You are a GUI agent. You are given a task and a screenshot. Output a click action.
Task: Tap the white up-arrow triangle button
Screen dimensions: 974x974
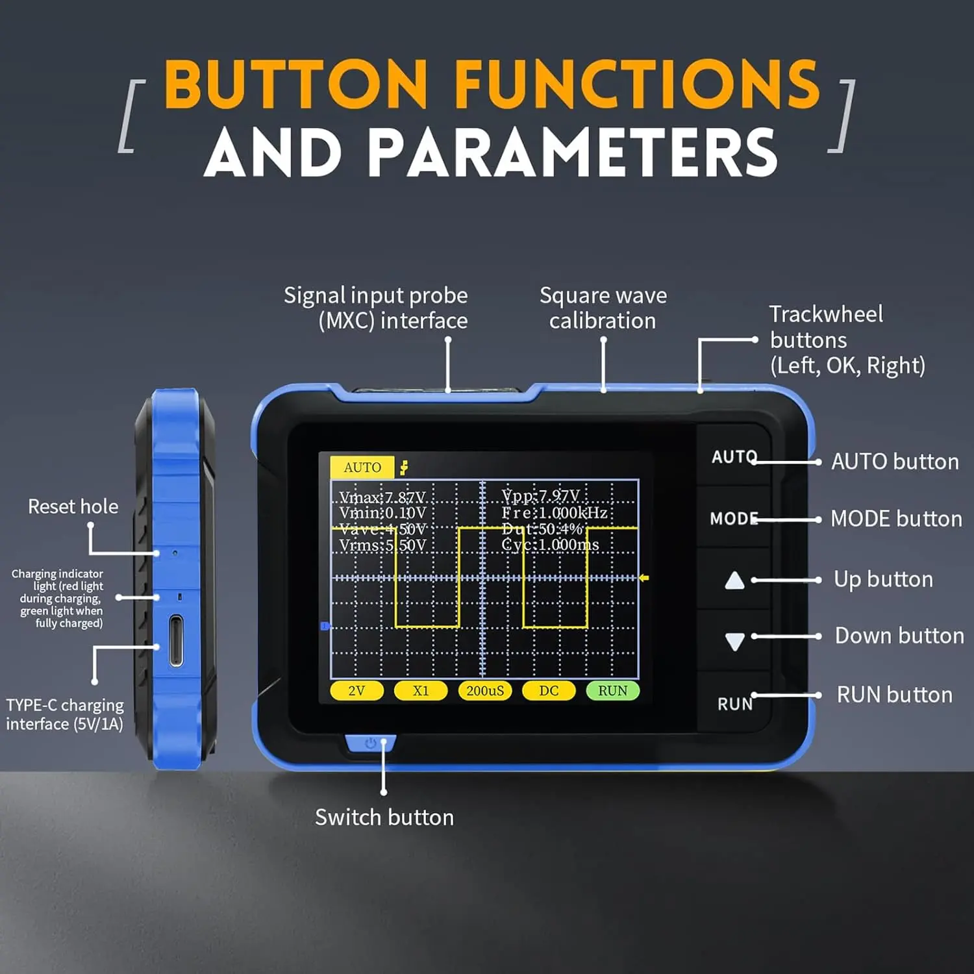coord(734,580)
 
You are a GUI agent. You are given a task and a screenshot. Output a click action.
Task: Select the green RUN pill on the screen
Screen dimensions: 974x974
coord(612,691)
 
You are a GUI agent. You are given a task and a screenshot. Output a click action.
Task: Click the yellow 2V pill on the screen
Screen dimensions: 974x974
coord(356,691)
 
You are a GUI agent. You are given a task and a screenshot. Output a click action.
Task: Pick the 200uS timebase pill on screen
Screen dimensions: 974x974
coord(484,691)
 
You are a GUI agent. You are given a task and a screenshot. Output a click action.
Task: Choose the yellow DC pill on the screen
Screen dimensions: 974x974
coord(549,691)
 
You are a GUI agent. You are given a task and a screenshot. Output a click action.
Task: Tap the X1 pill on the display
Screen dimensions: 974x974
coord(421,691)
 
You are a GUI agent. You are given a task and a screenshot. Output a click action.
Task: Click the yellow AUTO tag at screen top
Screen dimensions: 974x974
coord(362,468)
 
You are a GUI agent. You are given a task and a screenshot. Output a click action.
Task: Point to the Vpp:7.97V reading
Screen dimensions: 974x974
coord(540,497)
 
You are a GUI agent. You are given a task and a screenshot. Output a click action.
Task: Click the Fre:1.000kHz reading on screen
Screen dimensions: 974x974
coord(555,513)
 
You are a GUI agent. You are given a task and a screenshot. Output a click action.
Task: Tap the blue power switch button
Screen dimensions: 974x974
coord(370,743)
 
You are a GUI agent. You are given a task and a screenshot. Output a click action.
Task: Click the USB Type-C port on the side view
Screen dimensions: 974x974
coord(176,642)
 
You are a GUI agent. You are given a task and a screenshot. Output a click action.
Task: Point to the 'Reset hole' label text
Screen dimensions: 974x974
coord(73,506)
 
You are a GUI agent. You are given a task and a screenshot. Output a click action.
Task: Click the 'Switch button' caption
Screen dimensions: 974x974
coord(384,818)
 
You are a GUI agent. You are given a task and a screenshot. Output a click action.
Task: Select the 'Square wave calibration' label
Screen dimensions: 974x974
coord(603,308)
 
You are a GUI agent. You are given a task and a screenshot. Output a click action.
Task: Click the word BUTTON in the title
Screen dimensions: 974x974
coord(296,84)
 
